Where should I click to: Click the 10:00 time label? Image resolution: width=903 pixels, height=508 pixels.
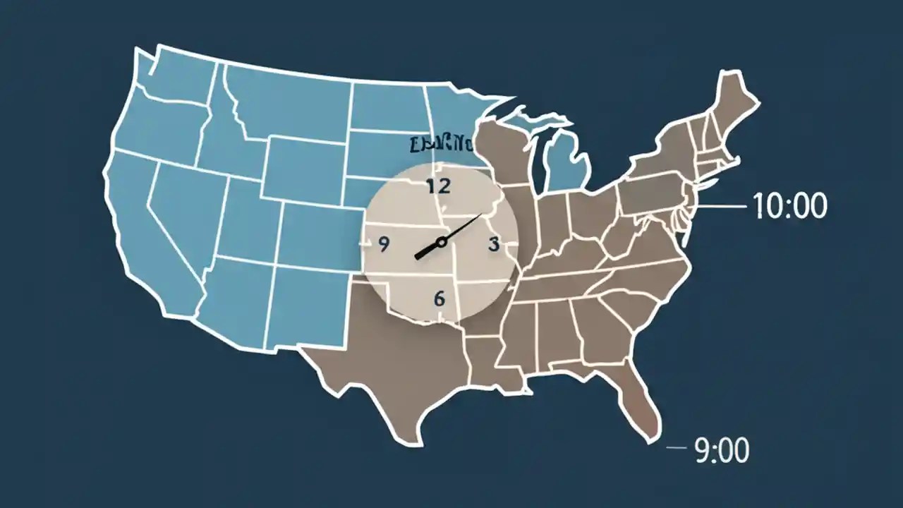789,207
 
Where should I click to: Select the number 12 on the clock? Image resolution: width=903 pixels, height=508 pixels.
438,187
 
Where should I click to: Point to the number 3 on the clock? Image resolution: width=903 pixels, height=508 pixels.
493,244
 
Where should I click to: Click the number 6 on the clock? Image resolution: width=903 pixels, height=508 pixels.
440,298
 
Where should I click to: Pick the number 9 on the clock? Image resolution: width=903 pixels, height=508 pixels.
384,244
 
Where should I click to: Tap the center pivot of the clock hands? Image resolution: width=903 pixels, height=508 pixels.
442,242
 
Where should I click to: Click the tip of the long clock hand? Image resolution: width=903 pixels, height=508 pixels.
481,214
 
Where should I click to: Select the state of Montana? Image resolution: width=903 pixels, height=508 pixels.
289,99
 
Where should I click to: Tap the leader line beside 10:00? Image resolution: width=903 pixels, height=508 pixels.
720,207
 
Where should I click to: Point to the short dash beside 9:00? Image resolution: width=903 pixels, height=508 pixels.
676,448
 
